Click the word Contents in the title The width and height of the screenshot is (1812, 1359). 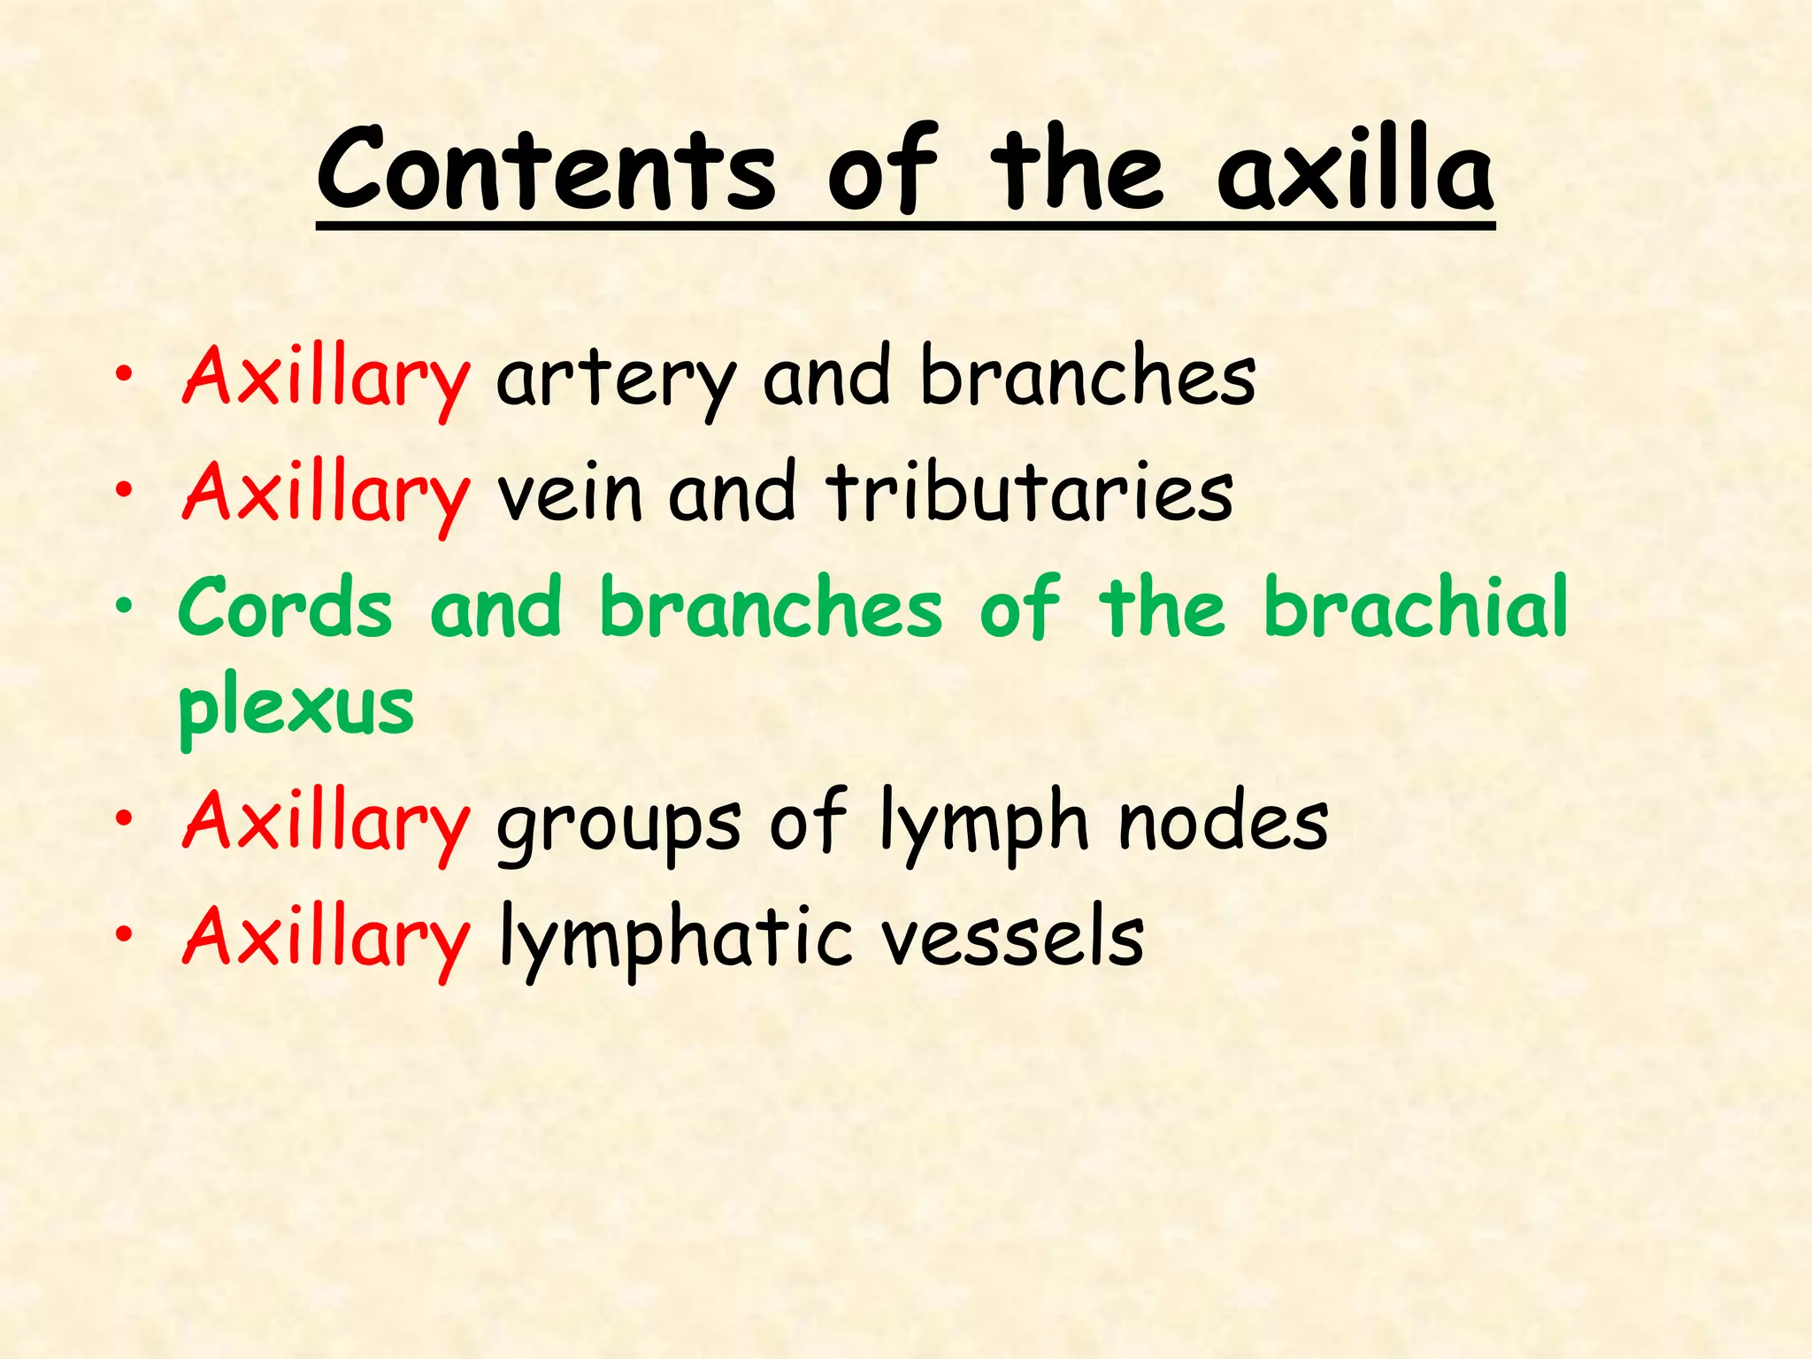tap(547, 171)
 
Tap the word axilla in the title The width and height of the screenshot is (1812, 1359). tap(1355, 171)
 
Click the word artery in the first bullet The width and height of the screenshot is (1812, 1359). tap(616, 379)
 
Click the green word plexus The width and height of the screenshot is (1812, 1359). tap(296, 708)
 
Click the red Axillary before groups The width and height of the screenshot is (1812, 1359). tap(326, 825)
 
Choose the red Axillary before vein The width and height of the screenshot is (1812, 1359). tap(326, 494)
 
